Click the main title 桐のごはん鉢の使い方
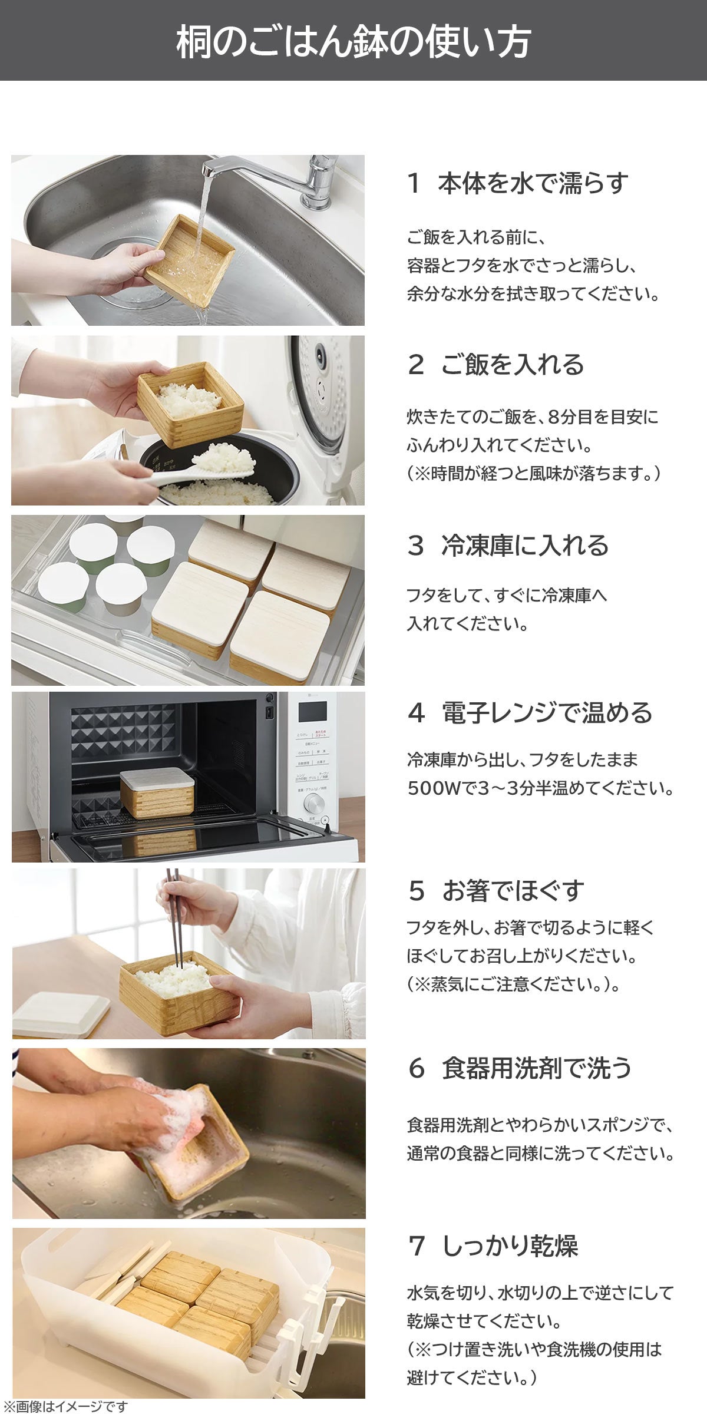[x=353, y=41]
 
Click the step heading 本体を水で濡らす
[x=533, y=184]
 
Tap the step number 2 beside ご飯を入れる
[x=416, y=365]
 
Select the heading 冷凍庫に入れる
[x=525, y=546]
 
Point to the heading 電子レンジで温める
[x=547, y=713]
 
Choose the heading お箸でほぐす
[x=513, y=891]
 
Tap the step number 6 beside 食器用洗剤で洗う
[x=416, y=1068]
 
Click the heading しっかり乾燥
[x=510, y=1245]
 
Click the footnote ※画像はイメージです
[x=64, y=1407]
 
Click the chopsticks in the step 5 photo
[x=174, y=919]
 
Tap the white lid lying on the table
[x=60, y=1012]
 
